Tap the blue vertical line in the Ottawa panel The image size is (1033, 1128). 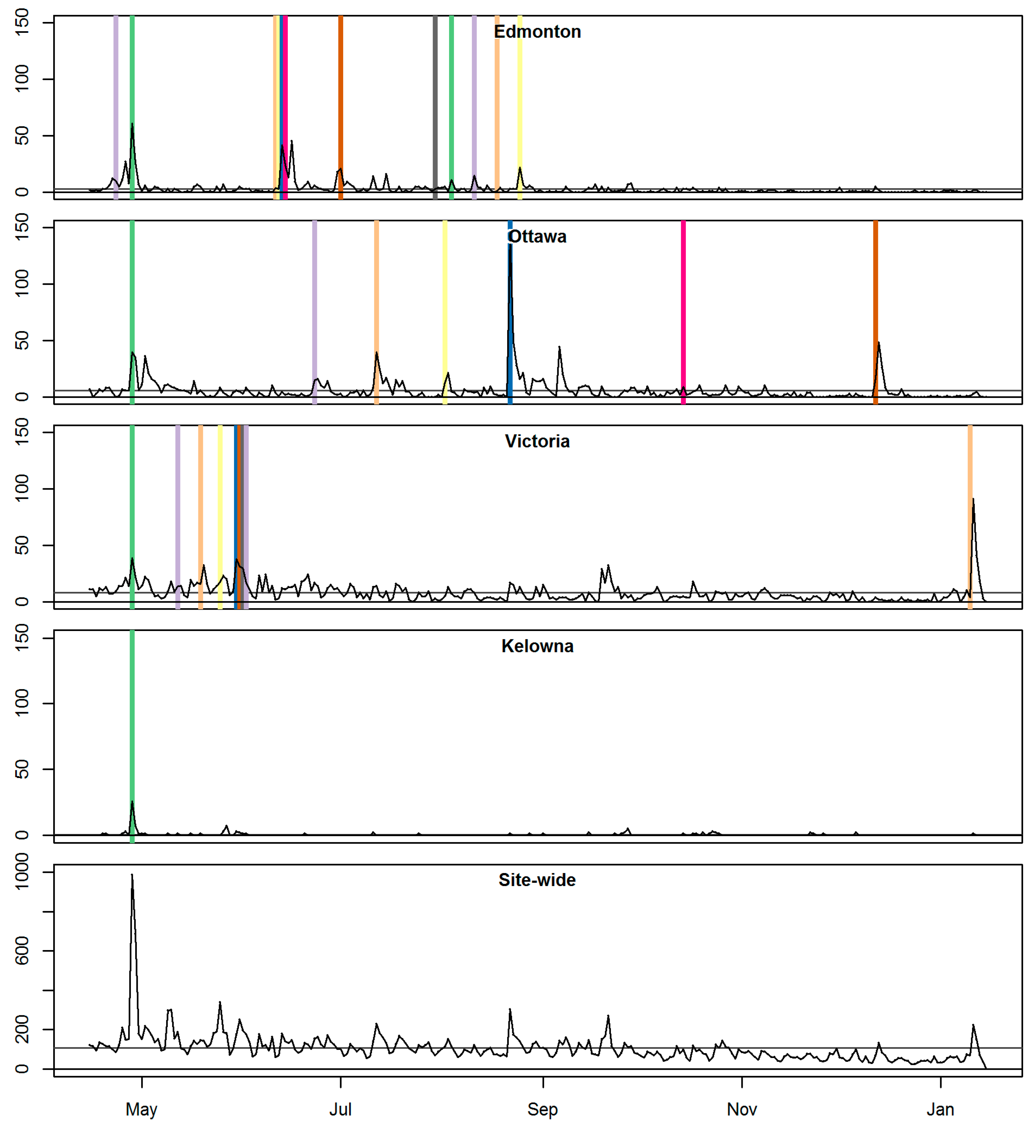[510, 336]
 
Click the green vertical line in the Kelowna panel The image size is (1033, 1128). [132, 727]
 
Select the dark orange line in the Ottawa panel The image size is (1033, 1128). [875, 280]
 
